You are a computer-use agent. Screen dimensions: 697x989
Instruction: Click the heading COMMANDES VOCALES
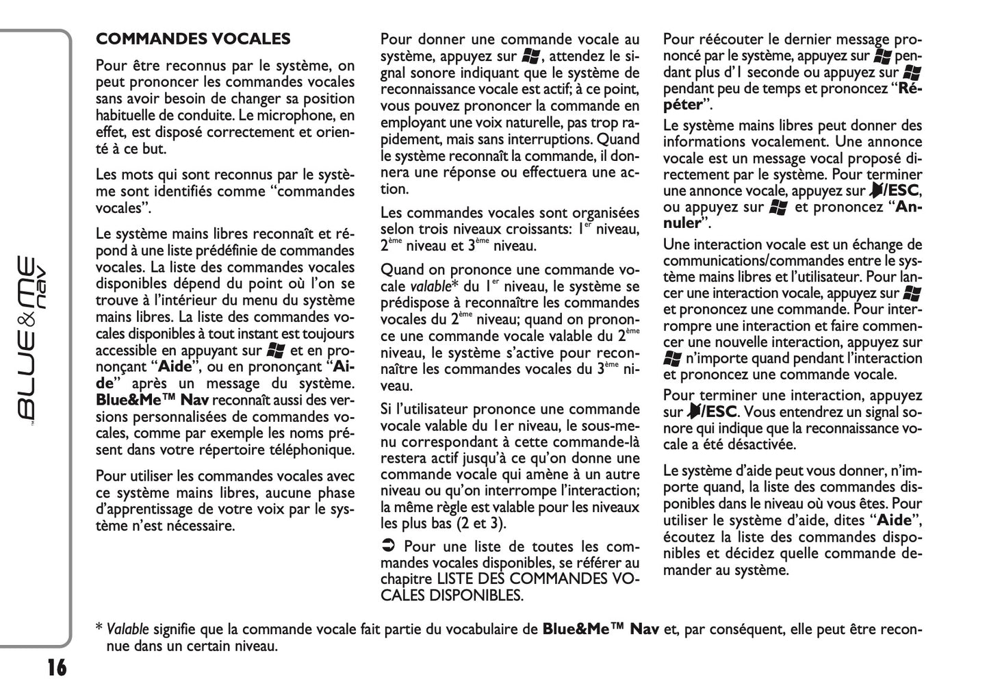click(x=193, y=39)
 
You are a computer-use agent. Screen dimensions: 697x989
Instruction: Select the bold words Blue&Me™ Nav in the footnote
click(x=600, y=629)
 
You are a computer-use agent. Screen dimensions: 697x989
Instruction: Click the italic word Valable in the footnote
click(x=127, y=629)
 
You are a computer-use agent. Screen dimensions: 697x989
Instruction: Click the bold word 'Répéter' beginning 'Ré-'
click(x=910, y=88)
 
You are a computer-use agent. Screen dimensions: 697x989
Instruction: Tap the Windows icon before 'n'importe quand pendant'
click(x=672, y=358)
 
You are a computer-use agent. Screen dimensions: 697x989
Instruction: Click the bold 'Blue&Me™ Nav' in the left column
click(x=152, y=401)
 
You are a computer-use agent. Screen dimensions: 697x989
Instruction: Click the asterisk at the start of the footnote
click(x=99, y=628)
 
